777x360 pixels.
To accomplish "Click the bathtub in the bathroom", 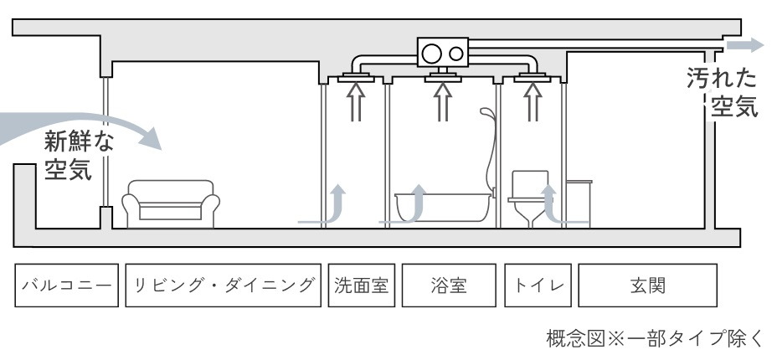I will [443, 205].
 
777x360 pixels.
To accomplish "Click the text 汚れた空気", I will [721, 93].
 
